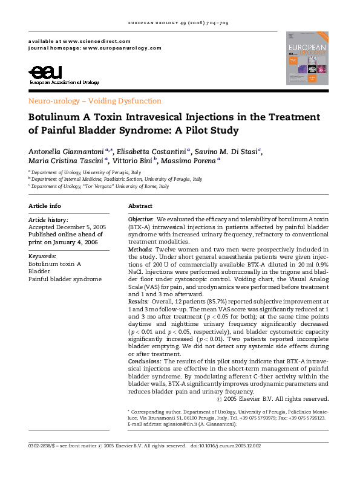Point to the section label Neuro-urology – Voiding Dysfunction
[95, 101]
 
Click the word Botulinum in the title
[58, 117]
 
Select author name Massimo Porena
[191, 161]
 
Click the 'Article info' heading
[45, 206]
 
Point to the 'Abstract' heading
[142, 206]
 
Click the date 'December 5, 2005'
[79, 227]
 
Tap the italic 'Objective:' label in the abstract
[141, 218]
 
